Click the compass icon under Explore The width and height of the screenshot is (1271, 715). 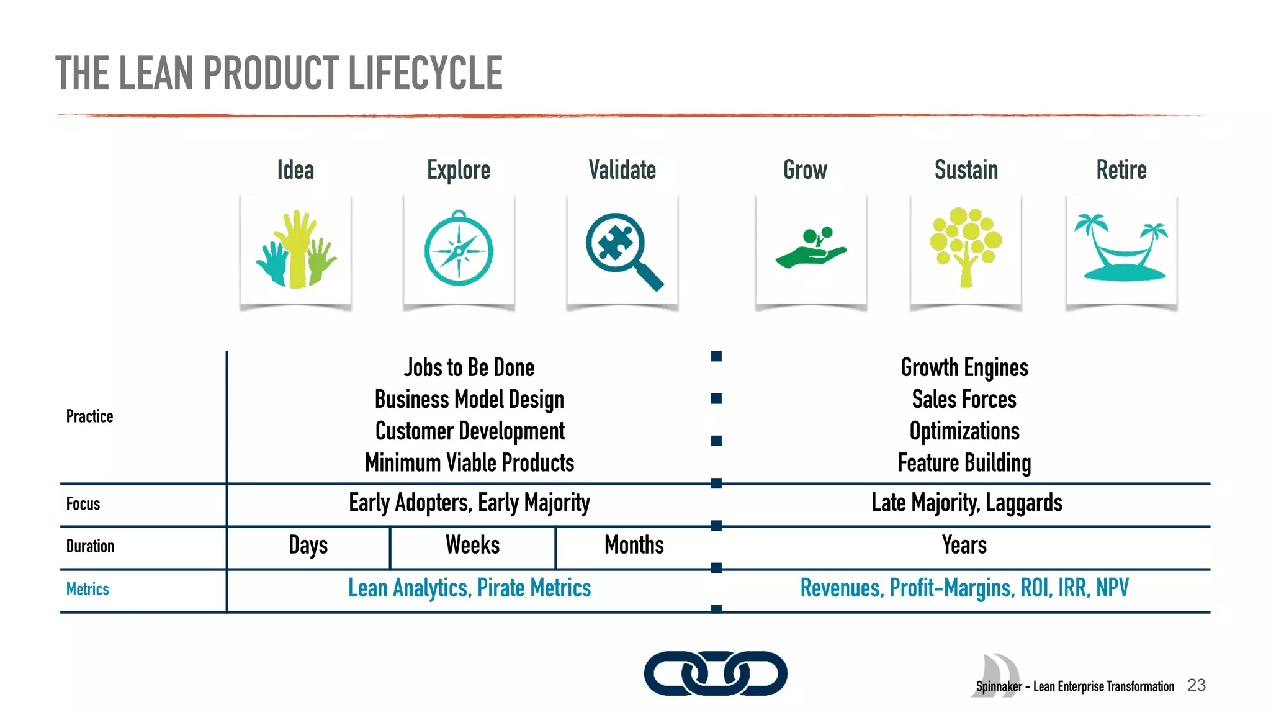click(459, 250)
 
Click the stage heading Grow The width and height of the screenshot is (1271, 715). click(805, 170)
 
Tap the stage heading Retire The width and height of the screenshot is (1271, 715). click(1121, 170)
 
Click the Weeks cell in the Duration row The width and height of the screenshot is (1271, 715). click(472, 546)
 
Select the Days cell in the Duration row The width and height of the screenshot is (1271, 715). click(308, 546)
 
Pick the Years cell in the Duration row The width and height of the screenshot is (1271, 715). click(964, 546)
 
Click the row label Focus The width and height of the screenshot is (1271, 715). click(83, 503)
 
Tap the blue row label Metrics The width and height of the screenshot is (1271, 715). click(88, 589)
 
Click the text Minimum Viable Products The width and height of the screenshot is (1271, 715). click(469, 463)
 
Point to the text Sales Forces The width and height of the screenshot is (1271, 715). click(964, 399)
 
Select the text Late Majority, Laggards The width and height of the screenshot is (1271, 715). click(966, 503)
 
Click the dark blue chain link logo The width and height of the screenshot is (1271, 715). click(716, 673)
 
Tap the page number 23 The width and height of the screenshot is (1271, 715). click(1196, 685)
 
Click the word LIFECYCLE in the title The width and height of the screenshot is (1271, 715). click(425, 73)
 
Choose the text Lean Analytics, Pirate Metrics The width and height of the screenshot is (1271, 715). click(469, 588)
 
